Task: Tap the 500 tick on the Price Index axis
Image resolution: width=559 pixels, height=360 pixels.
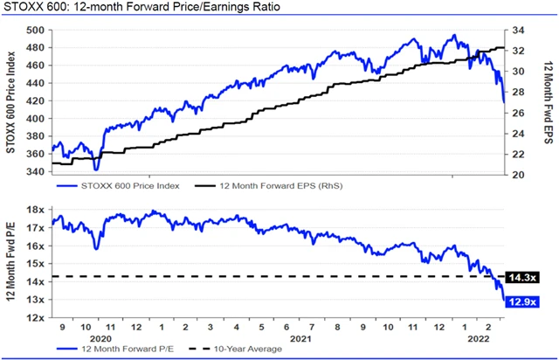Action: click(x=36, y=30)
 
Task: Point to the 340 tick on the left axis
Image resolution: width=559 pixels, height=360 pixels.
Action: click(x=36, y=171)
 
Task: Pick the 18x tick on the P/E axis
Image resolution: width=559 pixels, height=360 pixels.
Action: click(x=36, y=210)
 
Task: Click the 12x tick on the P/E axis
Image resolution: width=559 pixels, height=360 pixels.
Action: click(x=36, y=317)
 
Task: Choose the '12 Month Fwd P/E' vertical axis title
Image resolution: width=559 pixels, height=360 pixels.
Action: click(x=12, y=262)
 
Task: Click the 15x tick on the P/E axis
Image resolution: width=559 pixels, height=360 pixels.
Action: click(x=36, y=264)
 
